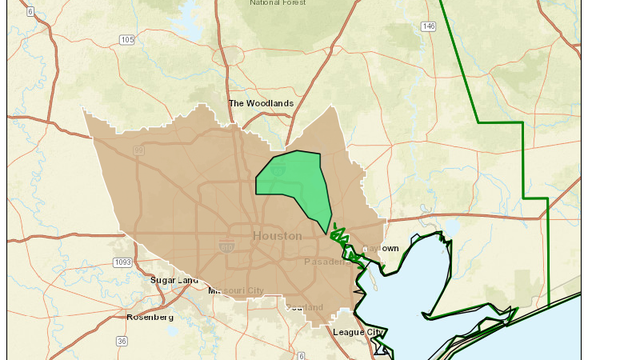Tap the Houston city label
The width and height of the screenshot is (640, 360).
[277, 236]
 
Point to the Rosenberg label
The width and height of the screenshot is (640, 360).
[149, 317]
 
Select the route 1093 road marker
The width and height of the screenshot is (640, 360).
[123, 262]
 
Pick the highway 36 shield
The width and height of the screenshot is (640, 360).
[122, 341]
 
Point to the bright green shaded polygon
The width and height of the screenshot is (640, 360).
[295, 185]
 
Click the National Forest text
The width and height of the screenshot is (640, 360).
[279, 4]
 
